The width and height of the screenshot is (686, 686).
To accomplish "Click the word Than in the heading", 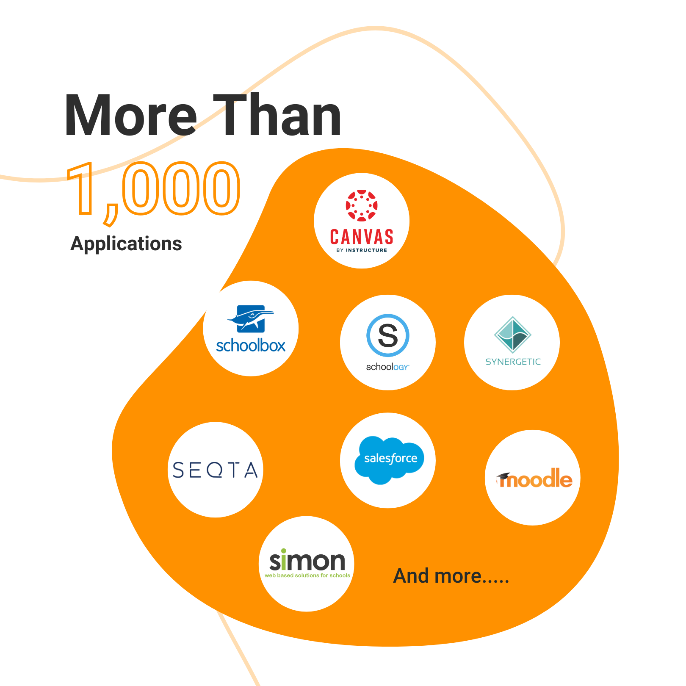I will (x=277, y=116).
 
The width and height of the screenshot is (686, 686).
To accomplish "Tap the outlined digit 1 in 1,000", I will (x=83, y=188).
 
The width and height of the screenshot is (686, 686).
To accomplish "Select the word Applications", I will (x=126, y=244).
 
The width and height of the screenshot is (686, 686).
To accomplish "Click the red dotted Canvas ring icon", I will (x=362, y=206).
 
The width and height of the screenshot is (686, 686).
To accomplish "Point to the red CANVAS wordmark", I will (x=362, y=237).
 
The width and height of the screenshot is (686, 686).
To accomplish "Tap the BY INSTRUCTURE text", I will (x=362, y=250).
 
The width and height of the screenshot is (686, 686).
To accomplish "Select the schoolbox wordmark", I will (x=251, y=346).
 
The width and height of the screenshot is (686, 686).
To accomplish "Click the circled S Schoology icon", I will (x=387, y=335).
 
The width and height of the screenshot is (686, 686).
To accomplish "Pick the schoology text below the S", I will (x=387, y=367).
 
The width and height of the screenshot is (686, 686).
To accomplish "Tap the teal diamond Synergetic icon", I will (x=513, y=335).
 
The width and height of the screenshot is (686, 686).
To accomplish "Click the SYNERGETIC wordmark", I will (x=513, y=362).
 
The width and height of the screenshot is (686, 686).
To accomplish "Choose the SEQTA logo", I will (x=215, y=470).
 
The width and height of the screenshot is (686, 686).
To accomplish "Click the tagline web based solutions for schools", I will (x=307, y=575).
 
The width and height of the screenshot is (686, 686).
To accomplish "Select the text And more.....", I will (x=451, y=576).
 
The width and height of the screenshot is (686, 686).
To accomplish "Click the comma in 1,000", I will (x=111, y=214).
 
